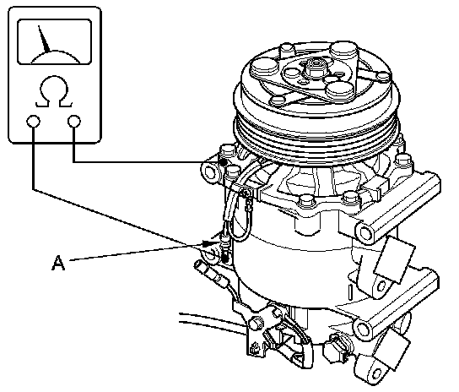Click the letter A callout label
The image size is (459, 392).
58,263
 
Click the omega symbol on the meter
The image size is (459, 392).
54,91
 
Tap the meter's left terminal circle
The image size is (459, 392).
33,121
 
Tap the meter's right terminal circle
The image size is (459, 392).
73,121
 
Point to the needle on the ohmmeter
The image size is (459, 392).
44,40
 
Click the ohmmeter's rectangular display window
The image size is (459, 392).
55,41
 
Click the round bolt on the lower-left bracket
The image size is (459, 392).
256,323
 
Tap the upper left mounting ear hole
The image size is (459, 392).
209,171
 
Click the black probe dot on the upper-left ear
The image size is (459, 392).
224,162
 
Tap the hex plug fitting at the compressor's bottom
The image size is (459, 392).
337,349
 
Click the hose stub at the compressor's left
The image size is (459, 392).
211,273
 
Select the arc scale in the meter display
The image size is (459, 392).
55,57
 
